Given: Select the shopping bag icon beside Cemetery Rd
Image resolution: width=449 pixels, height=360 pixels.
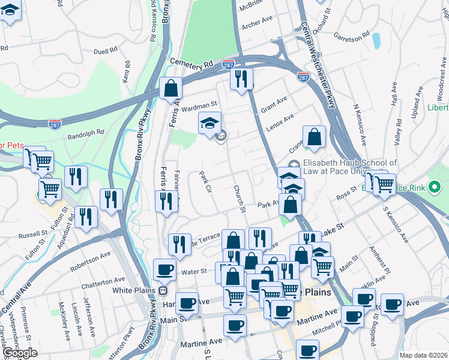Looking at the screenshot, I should (x=171, y=88).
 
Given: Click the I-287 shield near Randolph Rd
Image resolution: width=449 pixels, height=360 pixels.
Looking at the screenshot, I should (x=54, y=123).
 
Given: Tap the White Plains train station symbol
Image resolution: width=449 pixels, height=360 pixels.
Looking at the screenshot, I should (x=162, y=290).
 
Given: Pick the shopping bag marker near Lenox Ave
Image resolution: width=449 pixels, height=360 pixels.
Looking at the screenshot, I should (x=314, y=137).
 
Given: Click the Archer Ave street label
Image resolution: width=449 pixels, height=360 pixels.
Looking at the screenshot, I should (x=257, y=27).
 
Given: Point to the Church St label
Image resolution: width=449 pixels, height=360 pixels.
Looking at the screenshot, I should (x=240, y=198).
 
